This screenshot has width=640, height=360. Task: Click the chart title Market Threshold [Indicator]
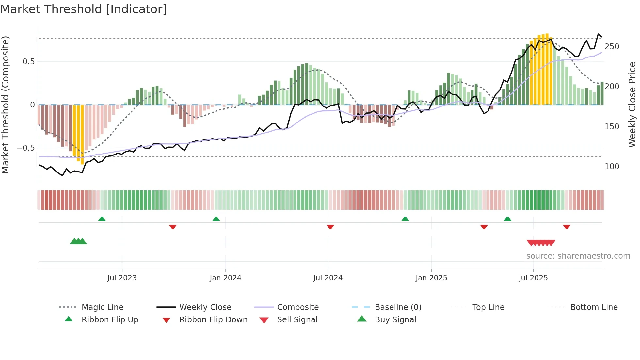click(x=84, y=9)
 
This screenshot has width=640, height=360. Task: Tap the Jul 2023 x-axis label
click(x=122, y=278)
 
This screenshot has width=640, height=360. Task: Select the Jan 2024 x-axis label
click(x=225, y=278)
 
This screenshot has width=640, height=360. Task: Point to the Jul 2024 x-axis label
click(x=328, y=278)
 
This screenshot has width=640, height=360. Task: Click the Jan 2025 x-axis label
click(x=431, y=278)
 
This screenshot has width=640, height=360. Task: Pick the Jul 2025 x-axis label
click(x=533, y=278)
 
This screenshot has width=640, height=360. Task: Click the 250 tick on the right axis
click(x=612, y=47)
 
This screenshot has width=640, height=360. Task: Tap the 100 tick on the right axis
click(x=612, y=167)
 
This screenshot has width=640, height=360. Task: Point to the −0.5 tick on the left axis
click(x=26, y=148)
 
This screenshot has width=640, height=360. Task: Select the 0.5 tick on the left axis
click(x=28, y=62)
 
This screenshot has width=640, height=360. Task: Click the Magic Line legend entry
click(x=102, y=307)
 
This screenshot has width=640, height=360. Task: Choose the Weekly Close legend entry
click(x=205, y=307)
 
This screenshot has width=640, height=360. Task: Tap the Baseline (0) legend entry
click(x=398, y=307)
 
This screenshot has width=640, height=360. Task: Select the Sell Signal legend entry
click(x=297, y=320)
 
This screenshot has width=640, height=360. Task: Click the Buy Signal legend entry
click(x=395, y=320)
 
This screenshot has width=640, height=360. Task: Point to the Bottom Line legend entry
click(x=594, y=307)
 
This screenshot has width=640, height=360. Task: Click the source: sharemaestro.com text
click(x=578, y=256)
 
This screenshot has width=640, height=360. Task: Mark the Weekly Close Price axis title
click(x=632, y=105)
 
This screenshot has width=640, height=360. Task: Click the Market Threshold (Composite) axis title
click(x=5, y=105)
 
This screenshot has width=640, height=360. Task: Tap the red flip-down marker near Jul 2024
click(x=330, y=227)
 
